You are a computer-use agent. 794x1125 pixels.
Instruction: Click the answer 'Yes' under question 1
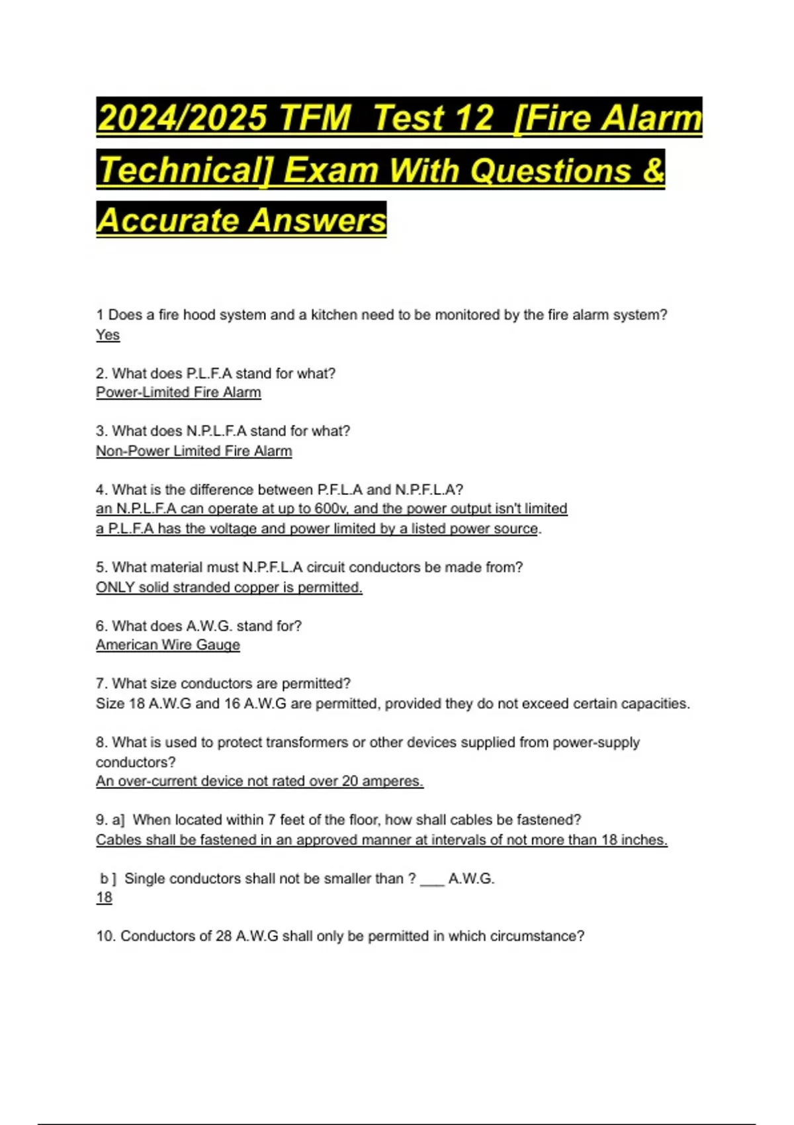click(x=108, y=335)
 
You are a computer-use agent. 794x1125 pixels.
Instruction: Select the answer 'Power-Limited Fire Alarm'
click(x=179, y=392)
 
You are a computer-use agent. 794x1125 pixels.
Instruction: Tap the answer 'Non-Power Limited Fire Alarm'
click(x=194, y=451)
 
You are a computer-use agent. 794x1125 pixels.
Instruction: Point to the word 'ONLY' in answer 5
click(x=115, y=587)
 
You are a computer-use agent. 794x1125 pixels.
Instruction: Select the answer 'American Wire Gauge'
click(x=168, y=645)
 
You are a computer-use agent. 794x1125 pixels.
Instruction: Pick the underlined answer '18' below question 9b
click(x=104, y=897)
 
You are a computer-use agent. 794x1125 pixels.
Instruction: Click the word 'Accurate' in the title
click(x=168, y=220)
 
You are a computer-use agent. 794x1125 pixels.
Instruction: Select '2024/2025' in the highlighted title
click(x=181, y=118)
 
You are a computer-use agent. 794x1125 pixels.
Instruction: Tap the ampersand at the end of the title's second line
click(x=652, y=169)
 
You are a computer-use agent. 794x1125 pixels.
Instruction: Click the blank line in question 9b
click(x=432, y=880)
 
